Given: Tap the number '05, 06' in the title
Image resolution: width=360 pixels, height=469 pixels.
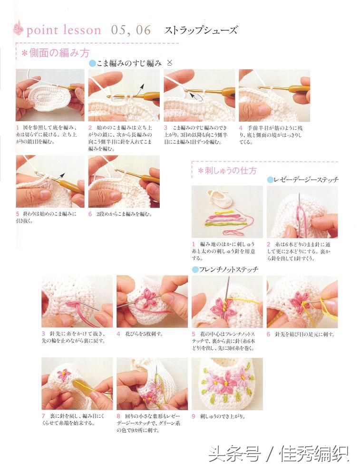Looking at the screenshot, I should coord(131,30).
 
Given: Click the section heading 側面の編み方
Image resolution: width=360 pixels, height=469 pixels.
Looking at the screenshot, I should coord(56,53).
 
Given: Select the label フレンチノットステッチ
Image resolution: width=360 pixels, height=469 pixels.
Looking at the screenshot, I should coord(228,269).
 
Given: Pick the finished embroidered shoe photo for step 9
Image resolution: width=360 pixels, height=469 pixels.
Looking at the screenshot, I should coord(227,383).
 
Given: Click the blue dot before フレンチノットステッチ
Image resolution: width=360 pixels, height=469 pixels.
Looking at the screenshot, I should coord(195,269).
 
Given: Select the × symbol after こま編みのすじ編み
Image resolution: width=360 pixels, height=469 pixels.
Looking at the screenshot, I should coord(170,62).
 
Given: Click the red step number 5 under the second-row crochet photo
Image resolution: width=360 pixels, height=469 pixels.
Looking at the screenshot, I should coord(17,214).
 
